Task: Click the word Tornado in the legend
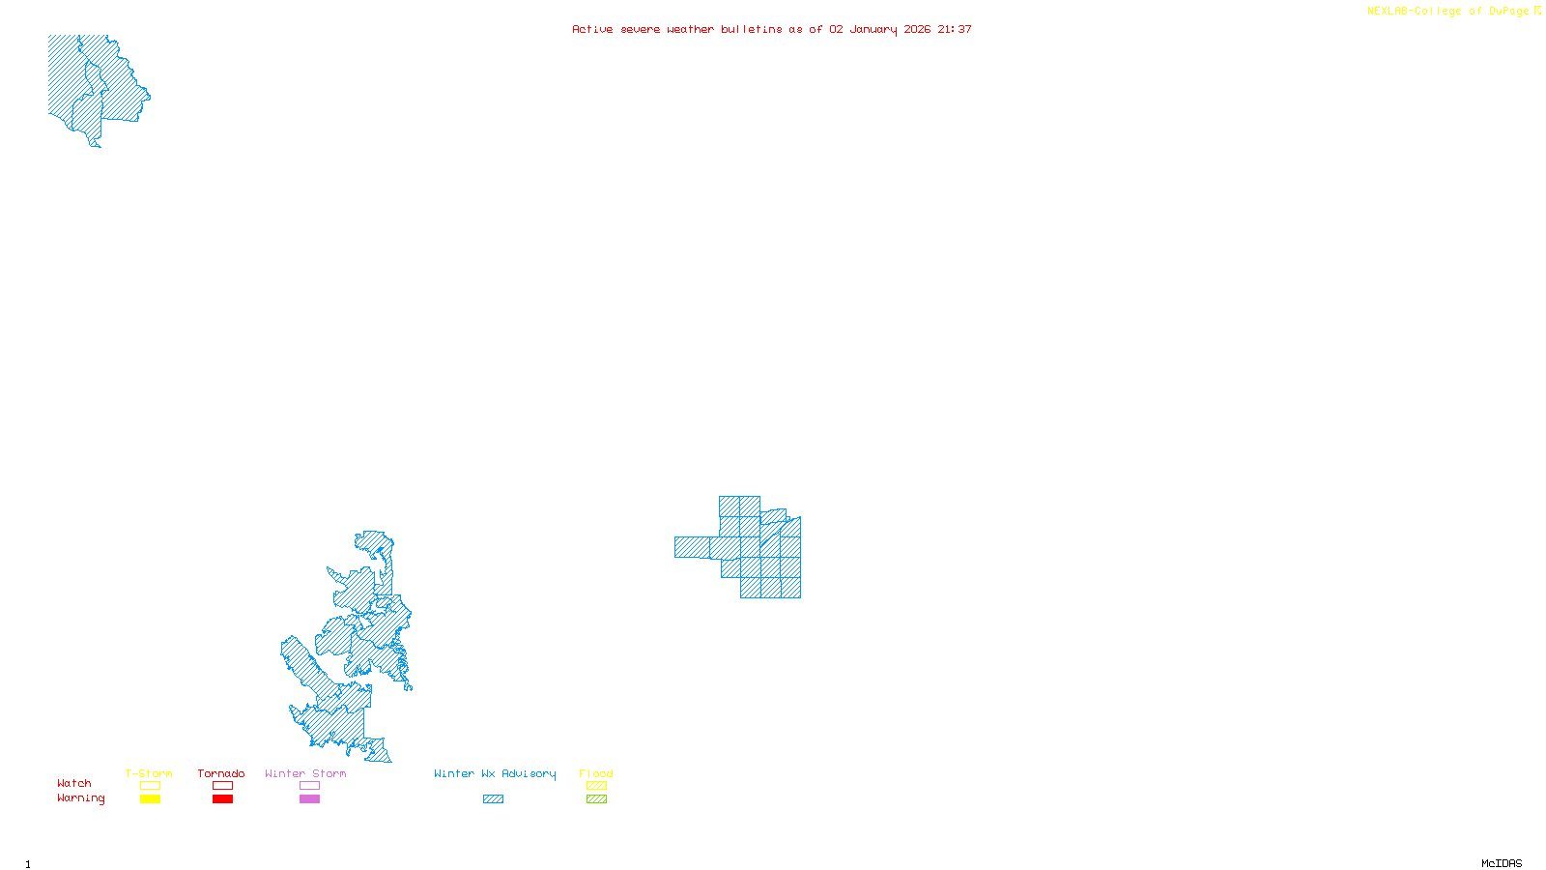coord(221,773)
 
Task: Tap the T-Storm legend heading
coord(149,773)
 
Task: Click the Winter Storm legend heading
coord(305,773)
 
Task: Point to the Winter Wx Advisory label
coord(495,773)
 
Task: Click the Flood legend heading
coord(596,773)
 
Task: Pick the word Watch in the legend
coord(74,783)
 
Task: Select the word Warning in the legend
coord(80,798)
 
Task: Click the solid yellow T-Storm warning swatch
coord(150,799)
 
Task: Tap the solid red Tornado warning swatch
coord(222,799)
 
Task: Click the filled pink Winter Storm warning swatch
coord(309,799)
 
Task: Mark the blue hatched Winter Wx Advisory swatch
coord(493,799)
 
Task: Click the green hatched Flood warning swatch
coord(596,799)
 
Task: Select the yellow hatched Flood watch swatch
coord(596,786)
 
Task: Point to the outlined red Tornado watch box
coord(222,786)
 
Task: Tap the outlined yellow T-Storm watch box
coord(150,786)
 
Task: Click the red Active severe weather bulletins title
coord(772,29)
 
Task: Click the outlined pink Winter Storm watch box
coord(309,786)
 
